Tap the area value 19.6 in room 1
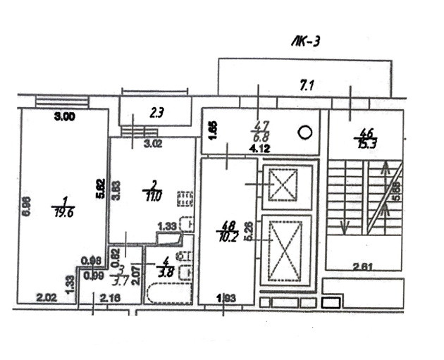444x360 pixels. point(61,209)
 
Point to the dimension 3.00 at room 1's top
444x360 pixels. point(65,118)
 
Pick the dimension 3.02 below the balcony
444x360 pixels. point(154,146)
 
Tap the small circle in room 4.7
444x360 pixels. point(305,131)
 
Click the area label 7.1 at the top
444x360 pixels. point(307,87)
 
